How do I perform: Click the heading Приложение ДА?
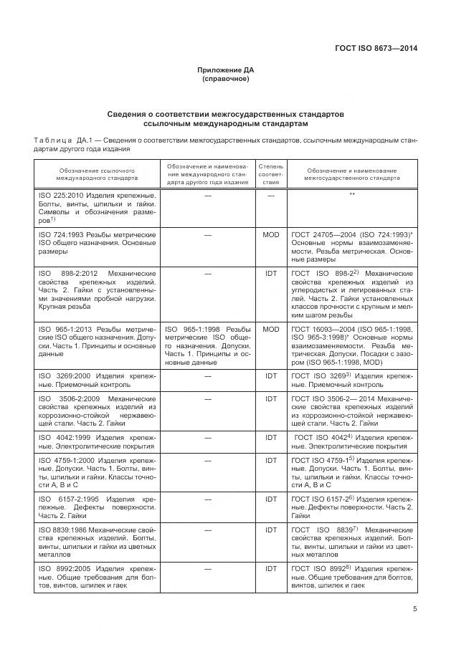coord(226,70)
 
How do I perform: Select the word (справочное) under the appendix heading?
coord(226,79)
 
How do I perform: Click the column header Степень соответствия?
coord(271,174)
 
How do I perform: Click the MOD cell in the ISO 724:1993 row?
coord(271,234)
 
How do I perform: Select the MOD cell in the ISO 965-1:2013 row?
coord(271,329)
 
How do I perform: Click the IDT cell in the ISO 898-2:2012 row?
coord(271,274)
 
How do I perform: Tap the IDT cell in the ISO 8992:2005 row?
coord(271,568)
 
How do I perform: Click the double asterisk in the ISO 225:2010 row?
coord(352,195)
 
